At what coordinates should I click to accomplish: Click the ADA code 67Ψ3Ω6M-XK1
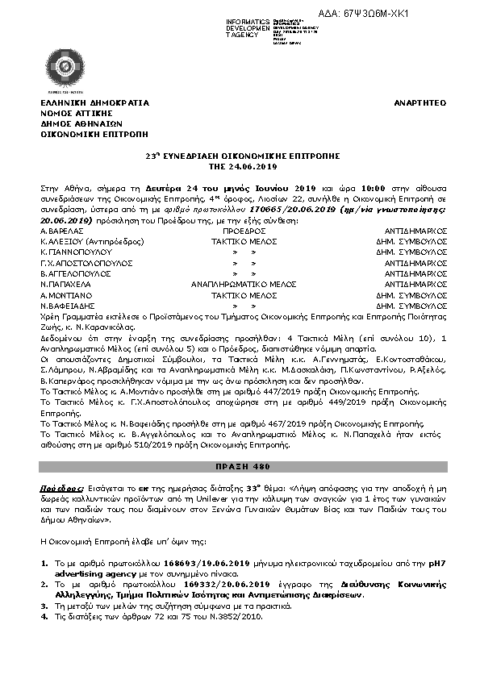[x=432, y=15]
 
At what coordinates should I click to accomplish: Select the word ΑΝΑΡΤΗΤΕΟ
[x=420, y=105]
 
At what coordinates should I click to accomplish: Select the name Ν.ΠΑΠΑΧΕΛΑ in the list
[x=65, y=285]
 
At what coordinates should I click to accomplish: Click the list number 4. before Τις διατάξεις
[x=44, y=617]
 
